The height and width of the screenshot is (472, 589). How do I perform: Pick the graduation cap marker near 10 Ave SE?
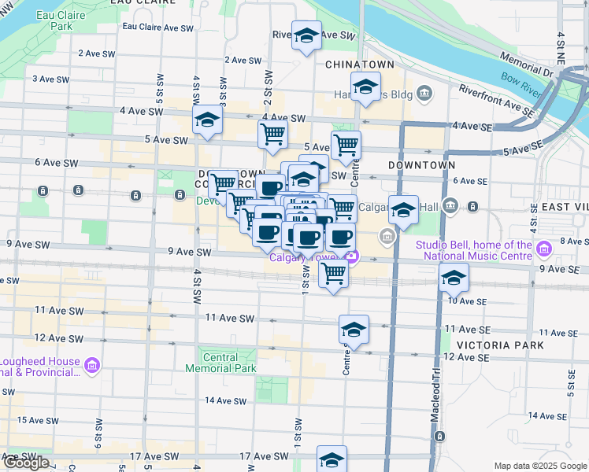click(454, 278)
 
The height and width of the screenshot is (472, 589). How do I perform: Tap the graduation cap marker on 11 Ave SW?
click(354, 330)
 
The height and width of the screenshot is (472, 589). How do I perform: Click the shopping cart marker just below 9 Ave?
click(333, 275)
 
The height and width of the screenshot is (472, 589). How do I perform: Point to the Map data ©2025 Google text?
click(540, 466)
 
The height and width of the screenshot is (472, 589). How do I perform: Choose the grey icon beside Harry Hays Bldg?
click(425, 95)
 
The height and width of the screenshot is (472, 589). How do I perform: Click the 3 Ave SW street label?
click(53, 79)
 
